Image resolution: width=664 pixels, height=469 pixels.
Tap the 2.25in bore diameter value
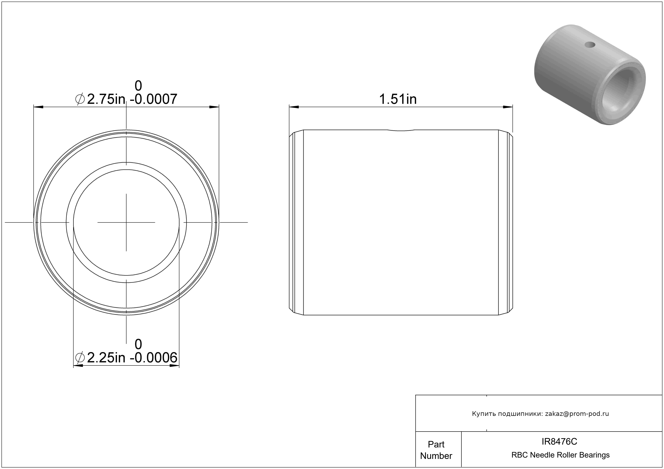[106, 358]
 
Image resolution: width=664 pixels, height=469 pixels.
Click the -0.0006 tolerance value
[154, 358]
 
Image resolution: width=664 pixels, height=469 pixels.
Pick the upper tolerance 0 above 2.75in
[138, 86]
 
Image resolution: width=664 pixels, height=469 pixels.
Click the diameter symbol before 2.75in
[80, 99]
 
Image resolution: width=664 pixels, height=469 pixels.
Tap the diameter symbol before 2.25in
[80, 358]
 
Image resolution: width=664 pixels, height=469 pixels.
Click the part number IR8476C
[559, 441]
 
